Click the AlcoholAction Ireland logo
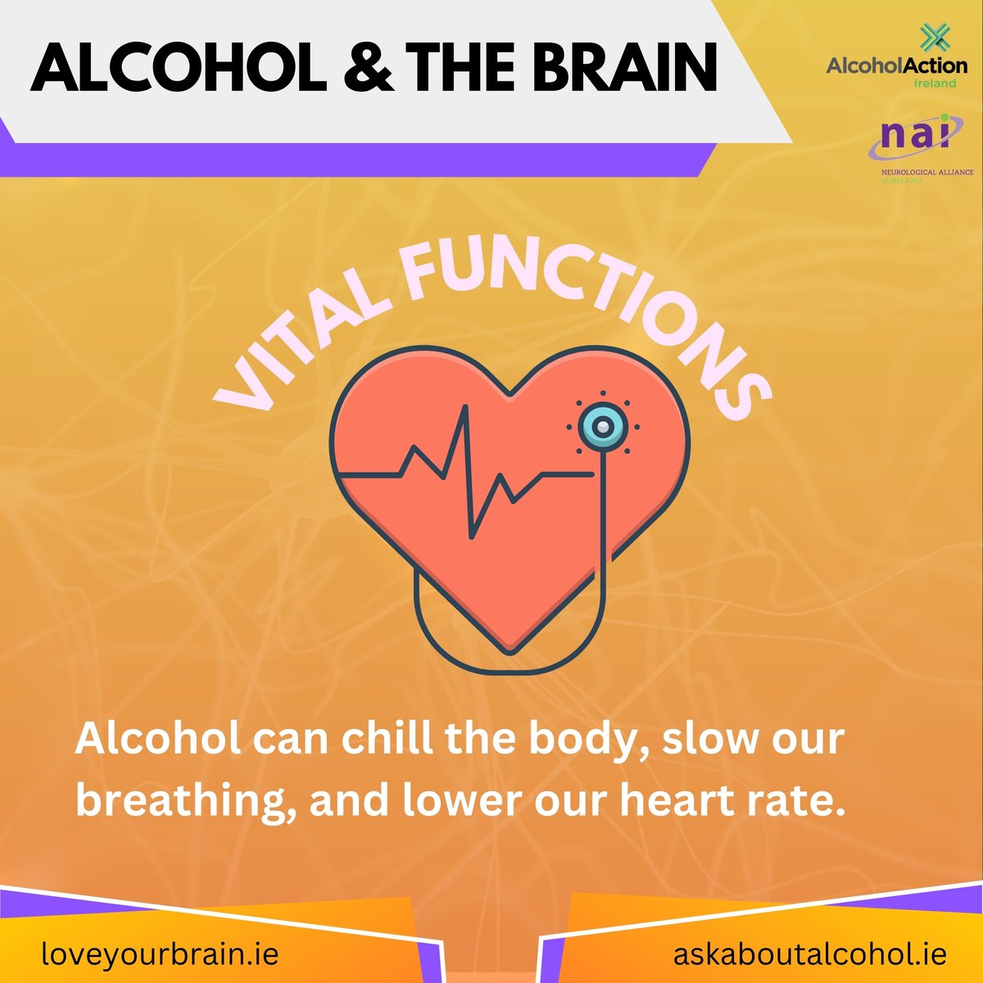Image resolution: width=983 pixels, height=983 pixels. (896, 66)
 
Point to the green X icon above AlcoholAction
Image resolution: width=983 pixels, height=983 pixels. (931, 37)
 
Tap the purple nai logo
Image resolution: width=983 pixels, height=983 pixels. (914, 139)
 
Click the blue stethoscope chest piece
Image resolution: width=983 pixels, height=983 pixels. (602, 426)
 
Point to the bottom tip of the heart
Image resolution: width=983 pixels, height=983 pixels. (510, 651)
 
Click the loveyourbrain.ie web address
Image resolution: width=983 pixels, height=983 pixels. (161, 954)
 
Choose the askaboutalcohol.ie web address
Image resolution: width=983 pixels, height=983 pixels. (810, 954)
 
